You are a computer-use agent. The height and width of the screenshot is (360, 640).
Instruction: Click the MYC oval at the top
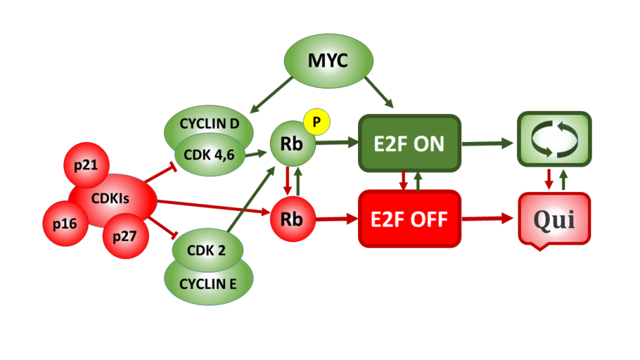[327, 61]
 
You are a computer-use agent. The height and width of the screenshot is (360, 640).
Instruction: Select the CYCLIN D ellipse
[209, 124]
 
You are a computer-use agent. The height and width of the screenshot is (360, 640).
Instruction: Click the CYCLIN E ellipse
[207, 284]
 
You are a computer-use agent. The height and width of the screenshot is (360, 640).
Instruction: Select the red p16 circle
[64, 223]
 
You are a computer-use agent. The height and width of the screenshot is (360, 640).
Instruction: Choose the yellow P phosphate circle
[316, 122]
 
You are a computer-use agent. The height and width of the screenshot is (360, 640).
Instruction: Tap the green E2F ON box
[409, 143]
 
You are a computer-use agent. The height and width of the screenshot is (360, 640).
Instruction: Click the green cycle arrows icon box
[553, 139]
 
